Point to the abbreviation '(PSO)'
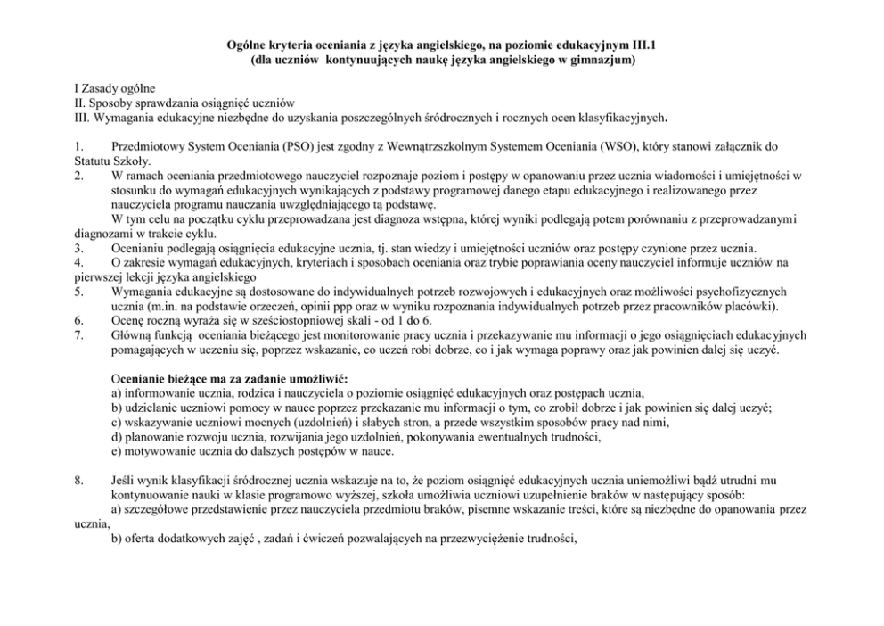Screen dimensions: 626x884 pyautogui.click(x=282, y=145)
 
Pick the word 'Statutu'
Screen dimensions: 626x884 pyautogui.click(x=93, y=161)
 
